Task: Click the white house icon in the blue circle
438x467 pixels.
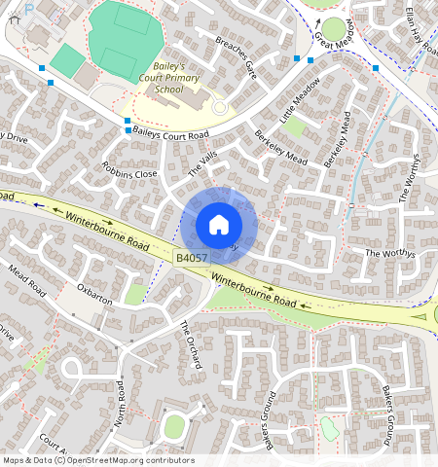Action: click(x=219, y=225)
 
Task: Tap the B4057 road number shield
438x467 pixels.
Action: click(x=191, y=257)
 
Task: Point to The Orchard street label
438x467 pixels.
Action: click(x=189, y=344)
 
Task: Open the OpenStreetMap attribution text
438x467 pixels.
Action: click(x=98, y=460)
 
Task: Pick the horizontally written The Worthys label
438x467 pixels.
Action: click(x=389, y=253)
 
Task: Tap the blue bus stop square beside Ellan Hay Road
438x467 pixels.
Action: click(x=376, y=68)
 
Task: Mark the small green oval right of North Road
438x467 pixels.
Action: click(x=174, y=425)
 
